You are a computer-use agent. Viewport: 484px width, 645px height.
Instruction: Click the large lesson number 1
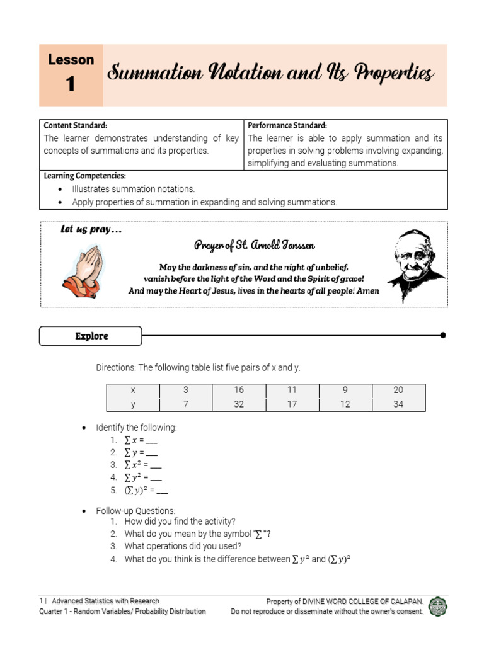[x=71, y=84]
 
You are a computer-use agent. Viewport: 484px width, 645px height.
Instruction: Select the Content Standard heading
[x=76, y=125]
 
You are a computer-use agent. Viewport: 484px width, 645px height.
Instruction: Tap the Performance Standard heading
[x=287, y=125]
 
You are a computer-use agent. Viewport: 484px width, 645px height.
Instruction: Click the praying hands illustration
[x=83, y=271]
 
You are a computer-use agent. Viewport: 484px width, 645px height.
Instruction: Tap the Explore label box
[x=91, y=336]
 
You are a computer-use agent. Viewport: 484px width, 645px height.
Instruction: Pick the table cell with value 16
[x=239, y=390]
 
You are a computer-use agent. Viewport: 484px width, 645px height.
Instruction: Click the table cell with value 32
[x=239, y=404]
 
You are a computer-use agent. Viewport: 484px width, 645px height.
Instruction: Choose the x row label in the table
[x=133, y=390]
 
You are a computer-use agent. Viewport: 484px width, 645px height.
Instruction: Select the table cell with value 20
[x=398, y=390]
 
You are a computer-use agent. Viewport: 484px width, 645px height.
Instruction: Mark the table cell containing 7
[x=186, y=404]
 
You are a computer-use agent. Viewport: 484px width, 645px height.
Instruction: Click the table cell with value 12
[x=345, y=404]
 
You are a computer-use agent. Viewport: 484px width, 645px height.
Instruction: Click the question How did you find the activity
[x=180, y=522]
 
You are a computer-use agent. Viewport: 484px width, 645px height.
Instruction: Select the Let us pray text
[x=91, y=230]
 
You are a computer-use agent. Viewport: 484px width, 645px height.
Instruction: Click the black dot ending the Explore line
[x=443, y=335]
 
